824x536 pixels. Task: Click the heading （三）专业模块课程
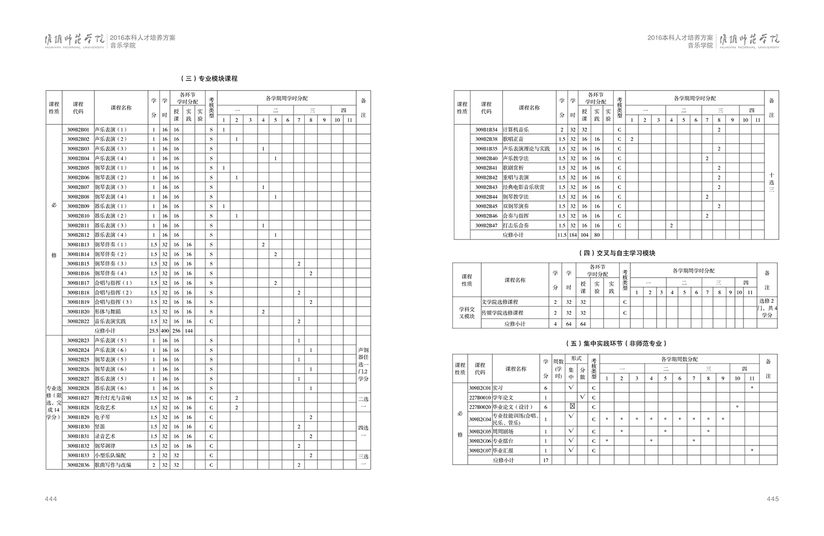(209, 78)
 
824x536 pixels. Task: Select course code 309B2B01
(78, 130)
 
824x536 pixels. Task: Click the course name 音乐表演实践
(111, 322)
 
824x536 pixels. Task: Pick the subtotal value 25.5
(154, 331)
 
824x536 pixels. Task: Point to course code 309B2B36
(78, 465)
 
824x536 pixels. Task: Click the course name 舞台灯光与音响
(113, 398)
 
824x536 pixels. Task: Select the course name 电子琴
(102, 418)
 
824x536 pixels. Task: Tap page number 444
(51, 499)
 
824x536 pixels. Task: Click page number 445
(772, 499)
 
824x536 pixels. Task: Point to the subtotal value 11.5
(562, 235)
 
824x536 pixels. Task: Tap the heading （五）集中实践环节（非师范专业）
(616, 343)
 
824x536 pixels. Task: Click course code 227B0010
(480, 398)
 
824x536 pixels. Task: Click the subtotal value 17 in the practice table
(546, 460)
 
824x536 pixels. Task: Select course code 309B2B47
(486, 226)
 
